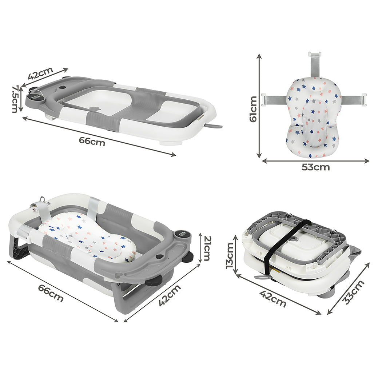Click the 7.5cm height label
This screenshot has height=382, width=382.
click(15, 99)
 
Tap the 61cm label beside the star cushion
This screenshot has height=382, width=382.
click(253, 109)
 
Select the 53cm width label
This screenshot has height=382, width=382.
click(315, 167)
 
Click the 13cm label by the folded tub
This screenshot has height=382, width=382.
click(230, 255)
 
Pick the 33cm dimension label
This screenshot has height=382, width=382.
click(353, 292)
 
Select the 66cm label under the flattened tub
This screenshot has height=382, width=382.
click(92, 141)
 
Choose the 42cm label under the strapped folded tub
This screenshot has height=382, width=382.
click(272, 298)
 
